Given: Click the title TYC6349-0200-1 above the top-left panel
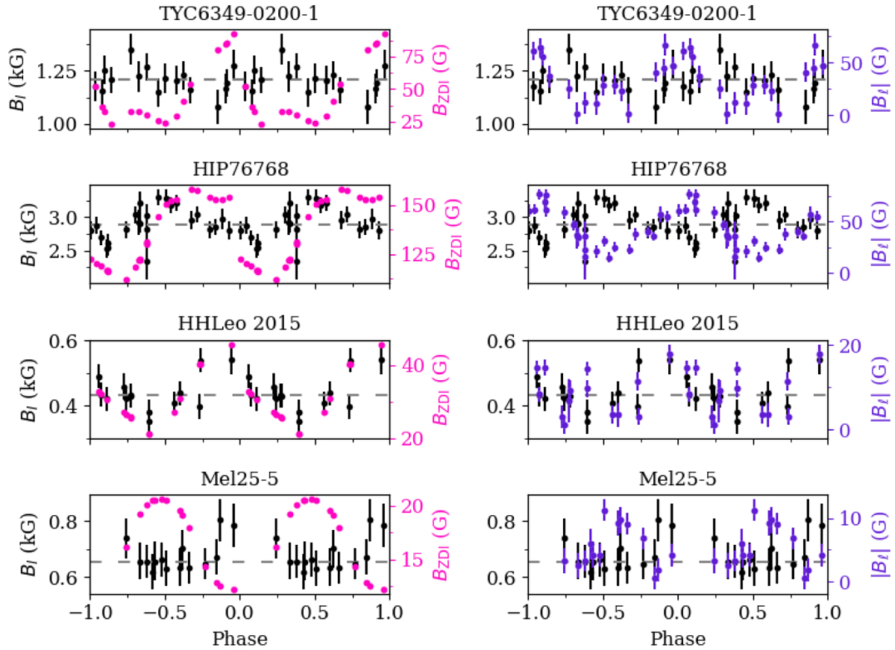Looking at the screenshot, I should [239, 13].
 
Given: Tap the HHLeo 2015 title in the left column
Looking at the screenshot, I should [239, 324].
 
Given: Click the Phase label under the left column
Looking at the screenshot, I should [239, 639].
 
